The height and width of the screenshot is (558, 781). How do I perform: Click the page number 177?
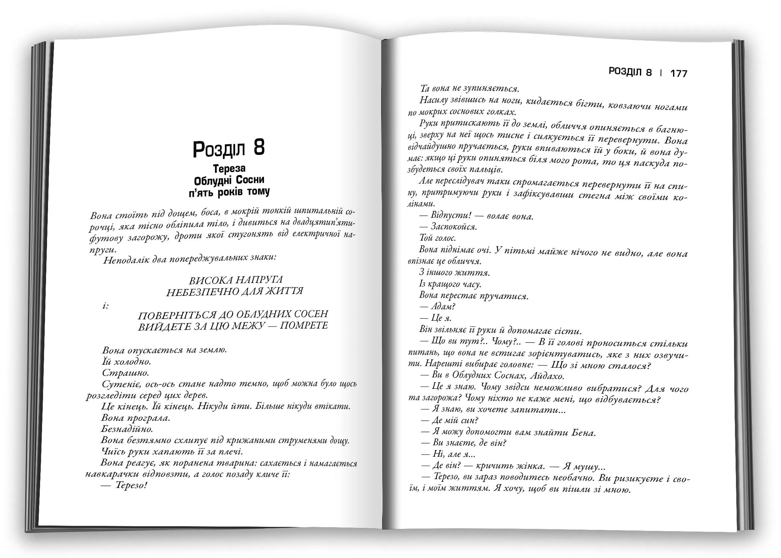(x=679, y=73)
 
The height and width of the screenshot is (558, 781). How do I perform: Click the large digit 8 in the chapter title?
(x=259, y=148)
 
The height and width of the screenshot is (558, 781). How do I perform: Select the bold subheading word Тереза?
(x=229, y=169)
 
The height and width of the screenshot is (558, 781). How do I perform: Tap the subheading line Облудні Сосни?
(x=229, y=180)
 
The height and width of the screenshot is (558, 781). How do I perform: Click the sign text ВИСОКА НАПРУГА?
(x=236, y=280)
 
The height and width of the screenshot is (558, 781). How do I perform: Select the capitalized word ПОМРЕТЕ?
(x=304, y=325)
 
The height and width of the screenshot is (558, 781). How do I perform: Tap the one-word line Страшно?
(x=126, y=373)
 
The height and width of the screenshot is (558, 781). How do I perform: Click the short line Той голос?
(x=438, y=238)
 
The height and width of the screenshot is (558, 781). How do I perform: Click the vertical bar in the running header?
(x=661, y=73)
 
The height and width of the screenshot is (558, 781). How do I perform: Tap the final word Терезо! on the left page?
(x=131, y=486)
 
